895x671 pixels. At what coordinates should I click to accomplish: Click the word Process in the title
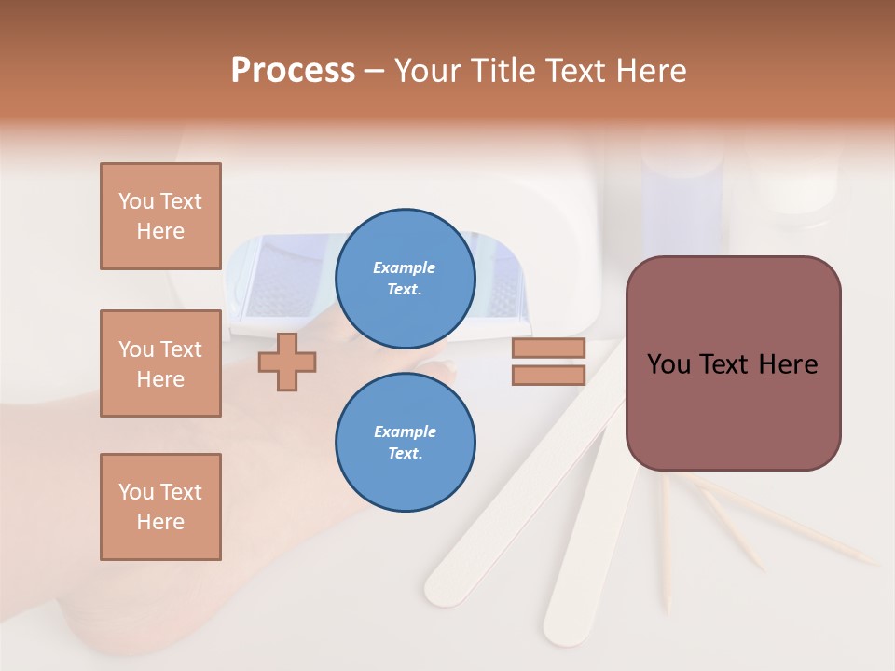[293, 71]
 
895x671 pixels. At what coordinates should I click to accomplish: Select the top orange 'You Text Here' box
[160, 216]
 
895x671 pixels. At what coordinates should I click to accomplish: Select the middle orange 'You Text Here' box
[160, 363]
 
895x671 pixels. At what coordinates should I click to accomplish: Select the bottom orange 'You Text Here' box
[160, 507]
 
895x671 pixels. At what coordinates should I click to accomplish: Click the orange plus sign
[287, 362]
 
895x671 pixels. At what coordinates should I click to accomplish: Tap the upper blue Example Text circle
[405, 278]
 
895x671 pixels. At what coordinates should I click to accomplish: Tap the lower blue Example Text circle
[405, 442]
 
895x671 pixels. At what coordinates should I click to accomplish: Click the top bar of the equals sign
[548, 348]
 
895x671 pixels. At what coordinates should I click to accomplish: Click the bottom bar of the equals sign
[548, 375]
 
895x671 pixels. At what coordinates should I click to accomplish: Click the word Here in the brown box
[787, 364]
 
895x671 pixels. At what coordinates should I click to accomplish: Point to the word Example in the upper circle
[405, 267]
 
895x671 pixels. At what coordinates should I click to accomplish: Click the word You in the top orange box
[135, 201]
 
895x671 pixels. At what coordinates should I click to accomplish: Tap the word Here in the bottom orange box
[160, 522]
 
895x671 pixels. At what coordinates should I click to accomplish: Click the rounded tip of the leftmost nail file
[440, 589]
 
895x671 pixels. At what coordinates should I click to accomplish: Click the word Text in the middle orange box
[180, 349]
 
